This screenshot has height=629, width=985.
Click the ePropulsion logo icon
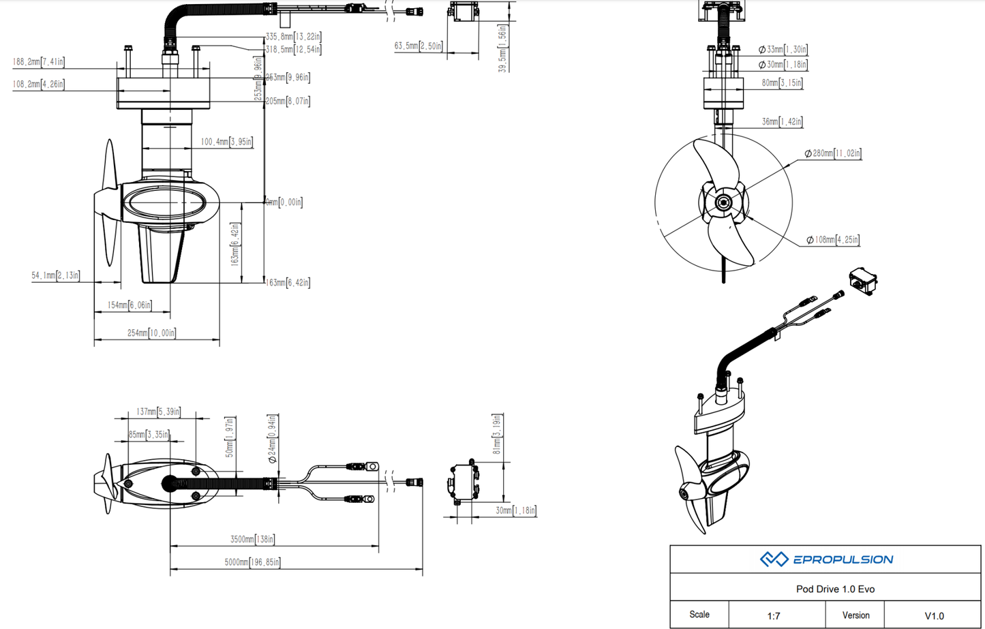pyautogui.click(x=774, y=559)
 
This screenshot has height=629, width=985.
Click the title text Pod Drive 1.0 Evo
pyautogui.click(x=835, y=589)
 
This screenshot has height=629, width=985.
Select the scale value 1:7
pyautogui.click(x=774, y=615)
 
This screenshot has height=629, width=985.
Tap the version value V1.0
pyautogui.click(x=934, y=615)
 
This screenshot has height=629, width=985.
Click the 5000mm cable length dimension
pyautogui.click(x=252, y=562)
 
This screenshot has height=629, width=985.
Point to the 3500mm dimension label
pyautogui.click(x=252, y=539)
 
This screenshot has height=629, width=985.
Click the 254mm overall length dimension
pyautogui.click(x=151, y=333)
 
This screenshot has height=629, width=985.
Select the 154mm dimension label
pyautogui.click(x=130, y=305)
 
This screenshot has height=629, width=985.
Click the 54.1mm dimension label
pyautogui.click(x=55, y=275)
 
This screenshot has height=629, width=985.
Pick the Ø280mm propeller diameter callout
pyautogui.click(x=832, y=153)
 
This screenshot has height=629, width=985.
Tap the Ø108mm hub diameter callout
pyautogui.click(x=832, y=240)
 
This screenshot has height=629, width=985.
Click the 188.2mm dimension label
pyautogui.click(x=38, y=62)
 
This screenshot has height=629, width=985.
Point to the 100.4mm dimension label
pyautogui.click(x=226, y=142)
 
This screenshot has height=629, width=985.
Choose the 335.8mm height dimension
pyautogui.click(x=293, y=37)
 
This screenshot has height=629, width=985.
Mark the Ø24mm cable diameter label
pyautogui.click(x=272, y=439)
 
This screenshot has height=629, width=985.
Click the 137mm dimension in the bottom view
pyautogui.click(x=158, y=412)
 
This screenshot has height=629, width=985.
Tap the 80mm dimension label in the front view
pyautogui.click(x=782, y=83)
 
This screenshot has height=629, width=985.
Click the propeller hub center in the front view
pyautogui.click(x=723, y=202)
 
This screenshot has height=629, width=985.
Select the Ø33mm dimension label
pyautogui.click(x=783, y=50)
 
